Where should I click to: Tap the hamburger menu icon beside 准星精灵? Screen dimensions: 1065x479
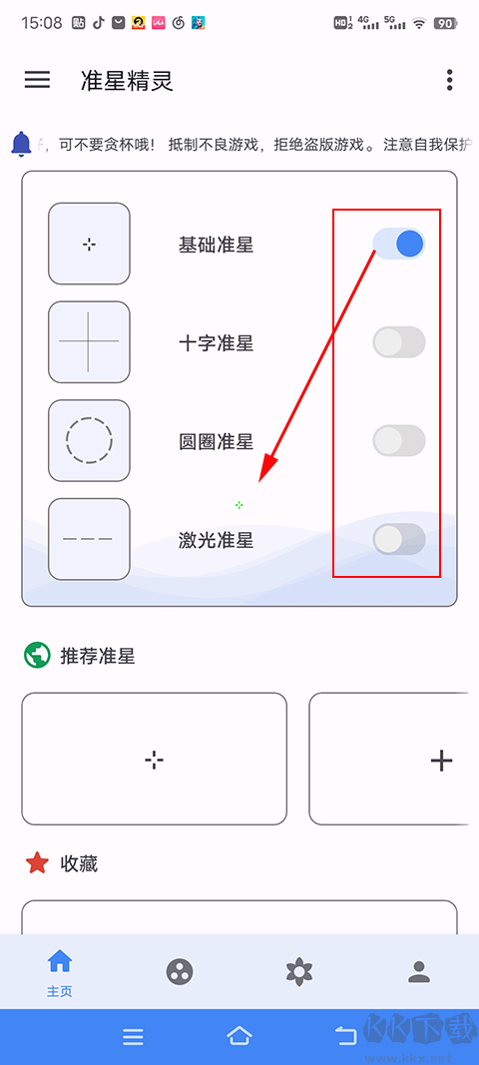coord(37,80)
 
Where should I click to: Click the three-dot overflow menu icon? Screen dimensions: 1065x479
coord(450,80)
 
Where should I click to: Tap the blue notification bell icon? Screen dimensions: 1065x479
coord(21,144)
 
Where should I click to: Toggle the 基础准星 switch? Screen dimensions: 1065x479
coord(399,244)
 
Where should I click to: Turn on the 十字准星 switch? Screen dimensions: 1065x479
coord(399,342)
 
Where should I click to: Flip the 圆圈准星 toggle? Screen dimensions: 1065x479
coord(399,440)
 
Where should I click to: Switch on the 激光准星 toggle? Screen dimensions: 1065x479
coord(399,539)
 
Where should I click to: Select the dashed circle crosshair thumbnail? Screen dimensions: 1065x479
coord(89,440)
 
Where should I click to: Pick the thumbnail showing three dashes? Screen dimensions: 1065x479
coord(89,539)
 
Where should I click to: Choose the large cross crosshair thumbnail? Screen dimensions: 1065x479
coord(89,341)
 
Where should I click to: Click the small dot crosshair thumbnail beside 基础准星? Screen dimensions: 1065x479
coord(89,244)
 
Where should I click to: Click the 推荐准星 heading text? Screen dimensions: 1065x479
coord(98,656)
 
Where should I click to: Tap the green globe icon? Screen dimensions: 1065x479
coord(37,656)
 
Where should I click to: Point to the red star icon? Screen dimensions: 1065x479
coord(37,863)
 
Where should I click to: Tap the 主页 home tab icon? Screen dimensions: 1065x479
coord(60,962)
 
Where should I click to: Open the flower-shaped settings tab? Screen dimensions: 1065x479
coord(299,971)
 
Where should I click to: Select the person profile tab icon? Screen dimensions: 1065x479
coord(420,971)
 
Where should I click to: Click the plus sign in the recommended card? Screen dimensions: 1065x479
coord(440,761)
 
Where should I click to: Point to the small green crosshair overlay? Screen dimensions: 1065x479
coord(239,505)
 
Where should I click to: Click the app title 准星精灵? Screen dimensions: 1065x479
coord(127,81)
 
